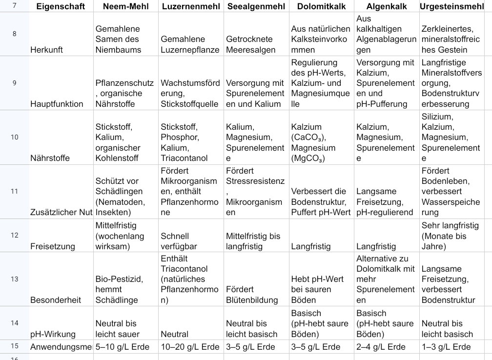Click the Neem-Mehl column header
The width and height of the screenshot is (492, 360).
coord(125,7)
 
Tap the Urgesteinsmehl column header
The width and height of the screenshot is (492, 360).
coord(454,7)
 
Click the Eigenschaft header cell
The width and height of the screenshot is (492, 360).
coord(61,7)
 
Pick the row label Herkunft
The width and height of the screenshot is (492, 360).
coord(47,50)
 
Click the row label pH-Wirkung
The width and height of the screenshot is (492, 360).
coord(53,334)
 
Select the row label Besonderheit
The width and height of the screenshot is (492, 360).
coord(56,300)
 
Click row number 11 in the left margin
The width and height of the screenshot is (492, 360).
coord(14,191)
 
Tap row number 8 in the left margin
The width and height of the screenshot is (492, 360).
coord(14,34)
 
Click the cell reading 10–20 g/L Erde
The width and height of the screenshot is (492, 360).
coord(190,347)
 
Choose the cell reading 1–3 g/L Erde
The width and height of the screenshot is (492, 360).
coord(446,347)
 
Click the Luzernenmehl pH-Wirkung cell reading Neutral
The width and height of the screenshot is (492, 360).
coord(174,334)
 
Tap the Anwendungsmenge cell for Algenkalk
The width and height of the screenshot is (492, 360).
coord(381,347)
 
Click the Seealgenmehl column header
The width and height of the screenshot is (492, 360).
coord(256,7)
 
